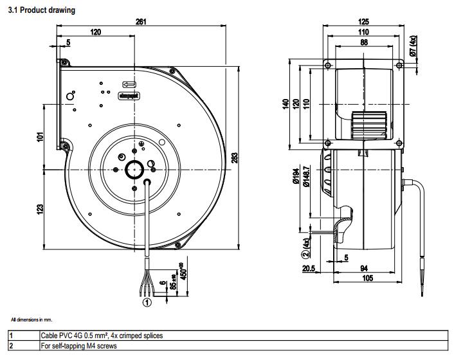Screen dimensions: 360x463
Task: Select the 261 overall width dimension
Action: tap(141, 21)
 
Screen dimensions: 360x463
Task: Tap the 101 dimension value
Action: tap(41, 137)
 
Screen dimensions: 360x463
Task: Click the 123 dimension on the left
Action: tap(41, 208)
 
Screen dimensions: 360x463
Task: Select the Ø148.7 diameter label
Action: tap(307, 176)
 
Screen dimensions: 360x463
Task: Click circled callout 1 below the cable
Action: tap(147, 300)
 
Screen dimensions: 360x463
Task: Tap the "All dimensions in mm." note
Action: tap(32, 319)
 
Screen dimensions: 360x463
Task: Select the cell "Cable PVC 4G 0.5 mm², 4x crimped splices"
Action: tap(102, 336)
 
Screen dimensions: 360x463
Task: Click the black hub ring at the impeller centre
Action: tap(136, 171)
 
